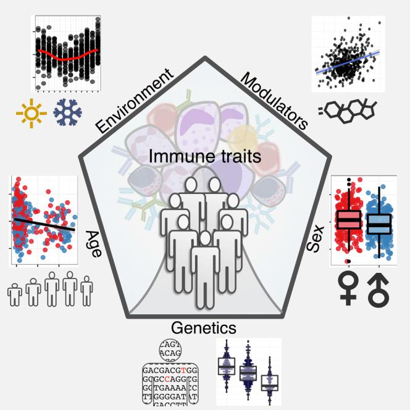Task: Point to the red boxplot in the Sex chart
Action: pyautogui.click(x=348, y=220)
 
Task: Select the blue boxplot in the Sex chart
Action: pyautogui.click(x=378, y=222)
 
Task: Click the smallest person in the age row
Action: pyautogui.click(x=14, y=295)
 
